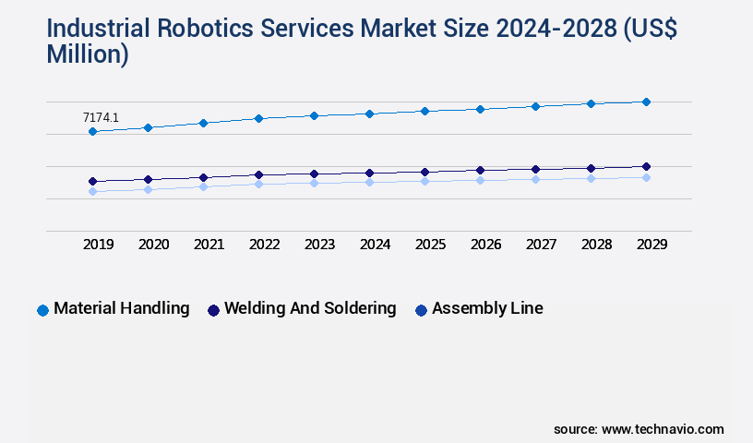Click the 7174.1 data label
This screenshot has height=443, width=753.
pyautogui.click(x=101, y=117)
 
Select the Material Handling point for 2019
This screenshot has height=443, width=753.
pyautogui.click(x=92, y=132)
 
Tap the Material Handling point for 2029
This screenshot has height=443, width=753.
pyautogui.click(x=646, y=102)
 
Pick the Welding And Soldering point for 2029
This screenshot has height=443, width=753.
pyautogui.click(x=646, y=166)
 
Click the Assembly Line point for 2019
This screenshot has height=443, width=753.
pyautogui.click(x=92, y=191)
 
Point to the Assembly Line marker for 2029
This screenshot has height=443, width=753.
pyautogui.click(x=646, y=177)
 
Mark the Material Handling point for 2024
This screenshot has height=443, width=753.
pyautogui.click(x=369, y=114)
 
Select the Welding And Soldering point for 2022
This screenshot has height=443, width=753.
pyautogui.click(x=258, y=174)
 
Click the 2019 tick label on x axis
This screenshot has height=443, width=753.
pyautogui.click(x=99, y=245)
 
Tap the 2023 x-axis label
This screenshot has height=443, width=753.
pyautogui.click(x=320, y=245)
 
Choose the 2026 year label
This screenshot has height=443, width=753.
pyautogui.click(x=486, y=245)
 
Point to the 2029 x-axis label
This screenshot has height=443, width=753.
pyautogui.click(x=651, y=245)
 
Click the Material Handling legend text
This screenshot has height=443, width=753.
pyautogui.click(x=122, y=309)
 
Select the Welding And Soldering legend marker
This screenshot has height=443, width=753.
pyautogui.click(x=213, y=310)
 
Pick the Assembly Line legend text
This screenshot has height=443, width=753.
pyautogui.click(x=487, y=309)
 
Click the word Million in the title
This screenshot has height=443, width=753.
pyautogui.click(x=87, y=54)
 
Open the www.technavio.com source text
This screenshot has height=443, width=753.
pyautogui.click(x=663, y=429)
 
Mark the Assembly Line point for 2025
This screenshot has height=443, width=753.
pyautogui.click(x=424, y=181)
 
